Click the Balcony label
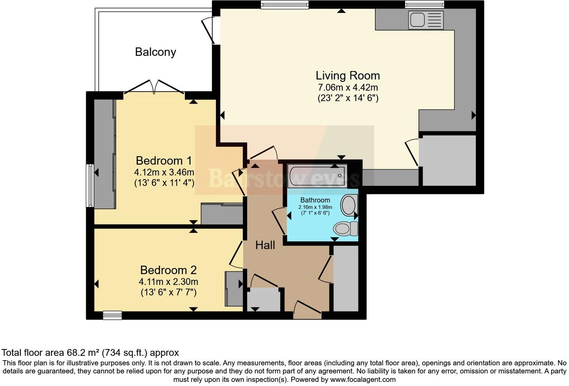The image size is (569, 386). [x=155, y=52]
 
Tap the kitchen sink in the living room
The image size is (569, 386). [x=426, y=19]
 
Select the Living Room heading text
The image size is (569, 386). [x=348, y=76]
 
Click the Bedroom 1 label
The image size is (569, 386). [x=164, y=160]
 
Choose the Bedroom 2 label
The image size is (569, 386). [x=168, y=270]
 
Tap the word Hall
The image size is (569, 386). [x=265, y=245]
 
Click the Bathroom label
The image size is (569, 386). [x=315, y=200]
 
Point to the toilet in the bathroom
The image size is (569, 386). [x=346, y=229]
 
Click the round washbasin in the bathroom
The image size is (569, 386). [x=349, y=205]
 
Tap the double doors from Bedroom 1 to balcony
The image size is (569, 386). [x=154, y=87]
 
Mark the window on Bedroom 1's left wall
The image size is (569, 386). [x=90, y=186]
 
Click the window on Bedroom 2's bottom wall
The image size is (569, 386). [x=112, y=315]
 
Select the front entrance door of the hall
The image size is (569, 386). [x=307, y=310]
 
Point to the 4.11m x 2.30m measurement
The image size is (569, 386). [x=168, y=282]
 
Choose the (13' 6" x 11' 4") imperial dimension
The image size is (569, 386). [x=164, y=183]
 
